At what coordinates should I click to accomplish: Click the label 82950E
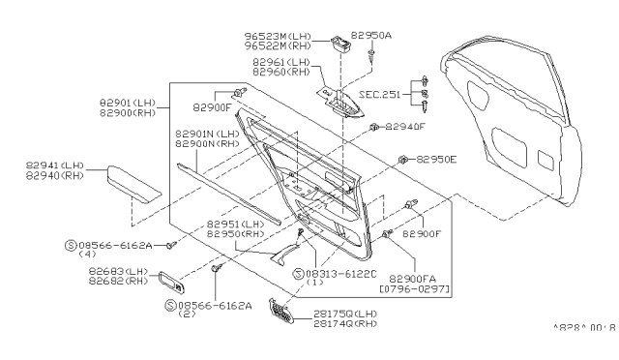(437, 159)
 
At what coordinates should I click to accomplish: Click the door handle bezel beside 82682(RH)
(170, 283)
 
